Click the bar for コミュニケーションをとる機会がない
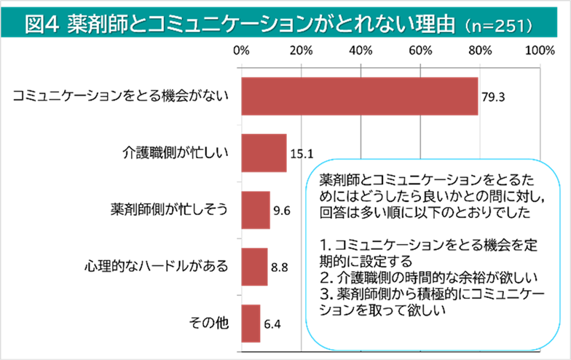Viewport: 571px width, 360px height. (359, 96)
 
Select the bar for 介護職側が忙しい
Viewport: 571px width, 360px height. (263, 153)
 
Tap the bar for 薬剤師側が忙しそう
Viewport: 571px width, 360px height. (255, 210)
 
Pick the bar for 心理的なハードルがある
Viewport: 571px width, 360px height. (253, 266)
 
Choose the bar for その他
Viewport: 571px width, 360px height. (250, 323)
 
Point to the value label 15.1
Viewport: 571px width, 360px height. (301, 154)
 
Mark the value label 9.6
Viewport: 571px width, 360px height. (282, 211)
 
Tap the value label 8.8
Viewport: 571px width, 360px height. (280, 267)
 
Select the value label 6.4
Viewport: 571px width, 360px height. (273, 324)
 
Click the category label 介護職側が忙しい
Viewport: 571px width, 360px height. (176, 153)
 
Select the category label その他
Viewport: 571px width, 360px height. (209, 323)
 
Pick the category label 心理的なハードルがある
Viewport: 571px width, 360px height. (156, 266)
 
